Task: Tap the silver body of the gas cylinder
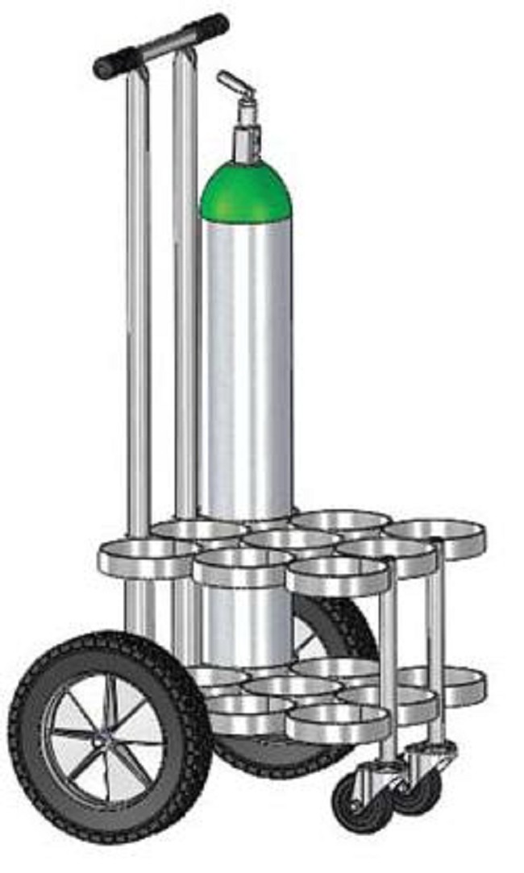click(245, 363)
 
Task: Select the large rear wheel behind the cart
click(339, 637)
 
